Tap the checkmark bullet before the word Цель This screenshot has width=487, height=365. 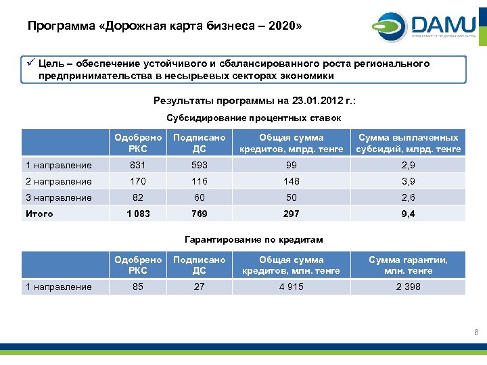coord(30,64)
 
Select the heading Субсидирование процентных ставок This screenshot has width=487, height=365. coord(254,118)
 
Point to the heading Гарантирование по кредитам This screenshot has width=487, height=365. coord(254,239)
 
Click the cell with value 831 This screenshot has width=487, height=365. coord(138,165)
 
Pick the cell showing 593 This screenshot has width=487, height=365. coord(199,165)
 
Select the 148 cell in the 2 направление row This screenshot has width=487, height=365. coord(292,181)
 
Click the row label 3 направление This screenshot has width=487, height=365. coord(58,197)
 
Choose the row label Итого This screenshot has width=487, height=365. coord(39,214)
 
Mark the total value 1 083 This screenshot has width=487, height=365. coord(138,214)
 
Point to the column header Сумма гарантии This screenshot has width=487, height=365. coord(408,265)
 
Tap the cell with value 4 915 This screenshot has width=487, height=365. coord(292,287)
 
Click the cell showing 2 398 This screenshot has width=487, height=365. coord(408,287)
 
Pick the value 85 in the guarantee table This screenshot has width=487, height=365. coord(138,287)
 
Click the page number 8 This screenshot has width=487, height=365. coord(476,332)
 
